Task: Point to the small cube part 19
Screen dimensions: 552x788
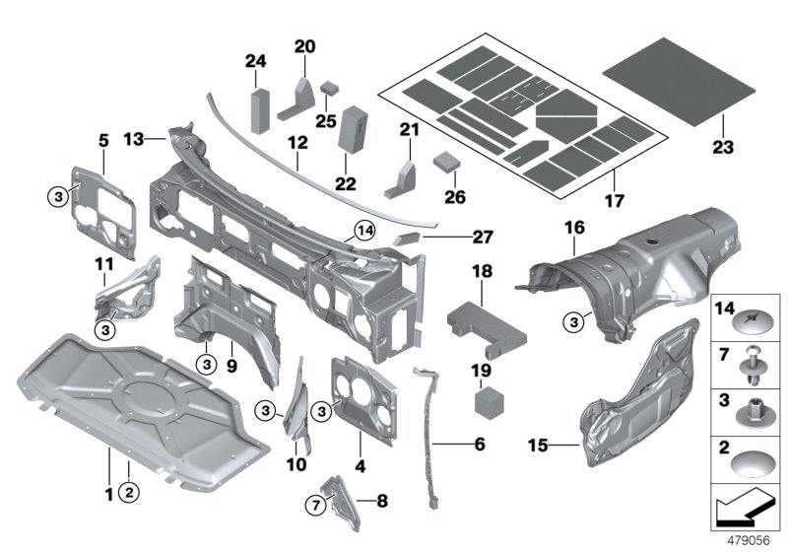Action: coord(484,402)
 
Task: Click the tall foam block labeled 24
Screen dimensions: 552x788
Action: coord(259,109)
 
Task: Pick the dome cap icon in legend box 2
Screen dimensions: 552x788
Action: coord(755,464)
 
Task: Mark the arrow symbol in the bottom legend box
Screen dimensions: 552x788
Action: coord(747,512)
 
